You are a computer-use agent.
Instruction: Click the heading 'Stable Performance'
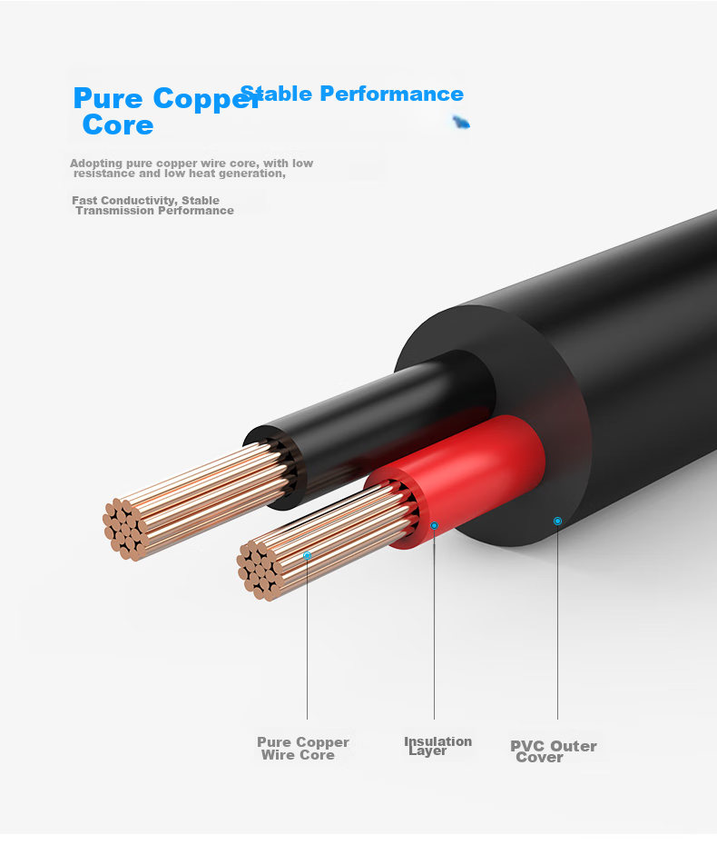point(351,94)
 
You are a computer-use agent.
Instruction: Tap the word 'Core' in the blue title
point(118,125)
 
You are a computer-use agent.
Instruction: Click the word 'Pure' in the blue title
point(108,98)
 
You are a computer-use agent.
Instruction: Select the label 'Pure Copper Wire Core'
point(303,749)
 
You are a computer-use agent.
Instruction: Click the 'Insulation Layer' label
point(437,746)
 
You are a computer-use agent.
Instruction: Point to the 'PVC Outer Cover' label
point(554,751)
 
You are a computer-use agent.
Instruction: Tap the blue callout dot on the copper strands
point(307,555)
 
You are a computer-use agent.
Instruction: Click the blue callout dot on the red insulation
point(434,525)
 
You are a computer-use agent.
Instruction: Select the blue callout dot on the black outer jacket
point(557,522)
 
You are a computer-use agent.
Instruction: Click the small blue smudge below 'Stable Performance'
point(461,123)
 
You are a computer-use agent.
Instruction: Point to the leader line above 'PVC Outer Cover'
point(557,621)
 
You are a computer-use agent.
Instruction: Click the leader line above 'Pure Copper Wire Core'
point(307,639)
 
